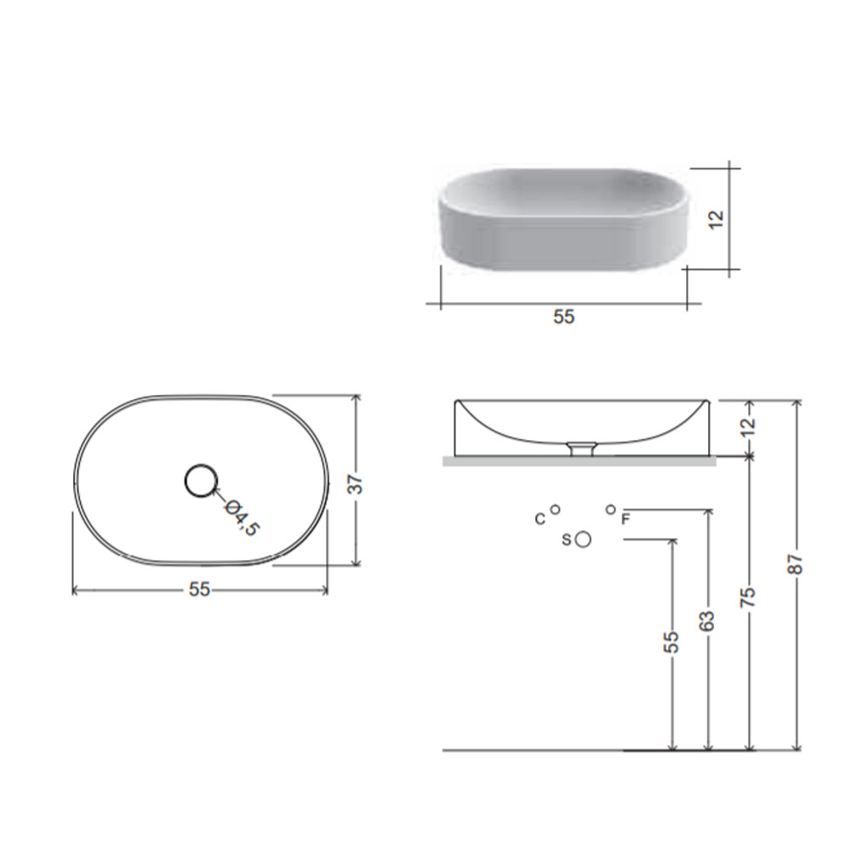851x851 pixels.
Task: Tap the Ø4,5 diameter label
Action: coord(242,517)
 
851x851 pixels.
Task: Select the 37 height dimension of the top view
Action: coord(354,484)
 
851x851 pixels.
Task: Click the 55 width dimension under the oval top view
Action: coord(199,589)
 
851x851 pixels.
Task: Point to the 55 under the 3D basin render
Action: coord(564,317)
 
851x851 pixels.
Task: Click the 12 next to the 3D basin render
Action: coord(717,219)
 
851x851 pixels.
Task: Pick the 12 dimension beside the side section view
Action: coord(748,426)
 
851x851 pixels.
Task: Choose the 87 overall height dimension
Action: coord(796,563)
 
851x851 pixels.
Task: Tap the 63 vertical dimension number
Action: coord(706,621)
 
